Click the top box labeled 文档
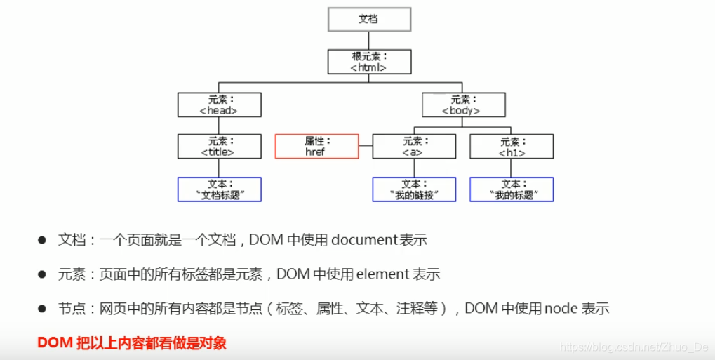pyautogui.click(x=369, y=19)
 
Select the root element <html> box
pyautogui.click(x=369, y=62)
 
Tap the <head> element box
pyautogui.click(x=219, y=105)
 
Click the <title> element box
pyautogui.click(x=219, y=146)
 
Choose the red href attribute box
pyautogui.click(x=316, y=146)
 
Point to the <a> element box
pyautogui.click(x=413, y=146)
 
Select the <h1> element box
pyautogui.click(x=511, y=146)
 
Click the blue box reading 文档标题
pyautogui.click(x=219, y=189)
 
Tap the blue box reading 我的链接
pyautogui.click(x=413, y=189)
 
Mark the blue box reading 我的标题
pyautogui.click(x=511, y=189)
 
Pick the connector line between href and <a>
pyautogui.click(x=365, y=146)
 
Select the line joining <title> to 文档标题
pyautogui.click(x=219, y=168)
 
